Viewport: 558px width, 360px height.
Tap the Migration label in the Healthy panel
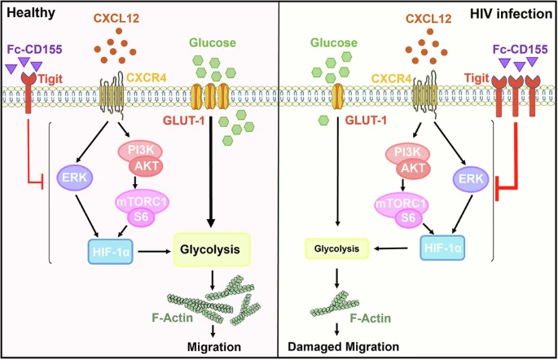pos(214,348)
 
